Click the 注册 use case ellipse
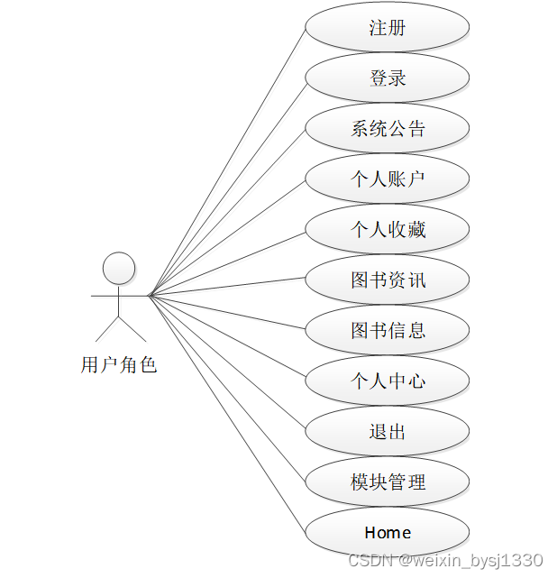388,28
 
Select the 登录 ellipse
388,78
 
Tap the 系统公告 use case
388,129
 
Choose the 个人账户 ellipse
388,179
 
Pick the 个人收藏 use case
388,230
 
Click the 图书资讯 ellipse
388,280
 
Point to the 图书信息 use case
388,331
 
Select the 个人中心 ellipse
388,381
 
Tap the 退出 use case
388,432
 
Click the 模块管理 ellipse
388,482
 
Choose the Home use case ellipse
388,533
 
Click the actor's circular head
119,268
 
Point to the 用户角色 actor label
119,365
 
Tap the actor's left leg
107,327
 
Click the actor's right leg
132,327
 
